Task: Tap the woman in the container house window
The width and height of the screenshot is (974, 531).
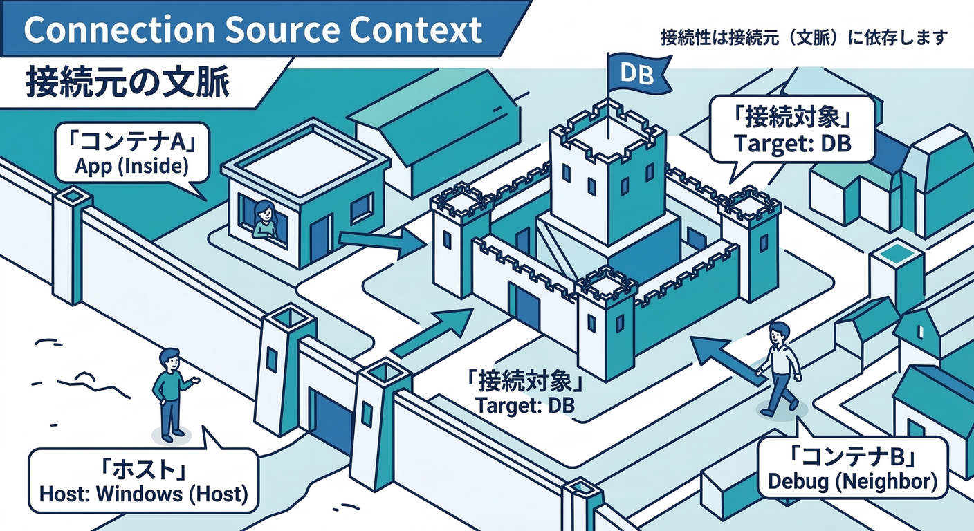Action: pos(263,220)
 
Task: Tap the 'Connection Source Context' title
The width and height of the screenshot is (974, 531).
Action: pos(253,29)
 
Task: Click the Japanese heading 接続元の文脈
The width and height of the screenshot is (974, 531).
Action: pos(128,84)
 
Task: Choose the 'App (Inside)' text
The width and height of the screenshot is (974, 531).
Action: pos(131,167)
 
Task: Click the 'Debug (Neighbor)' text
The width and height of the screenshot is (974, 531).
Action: pos(853,480)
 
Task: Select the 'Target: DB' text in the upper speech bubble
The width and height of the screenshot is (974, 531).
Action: pos(793,145)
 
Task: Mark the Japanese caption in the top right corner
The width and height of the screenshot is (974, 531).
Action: pos(804,37)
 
